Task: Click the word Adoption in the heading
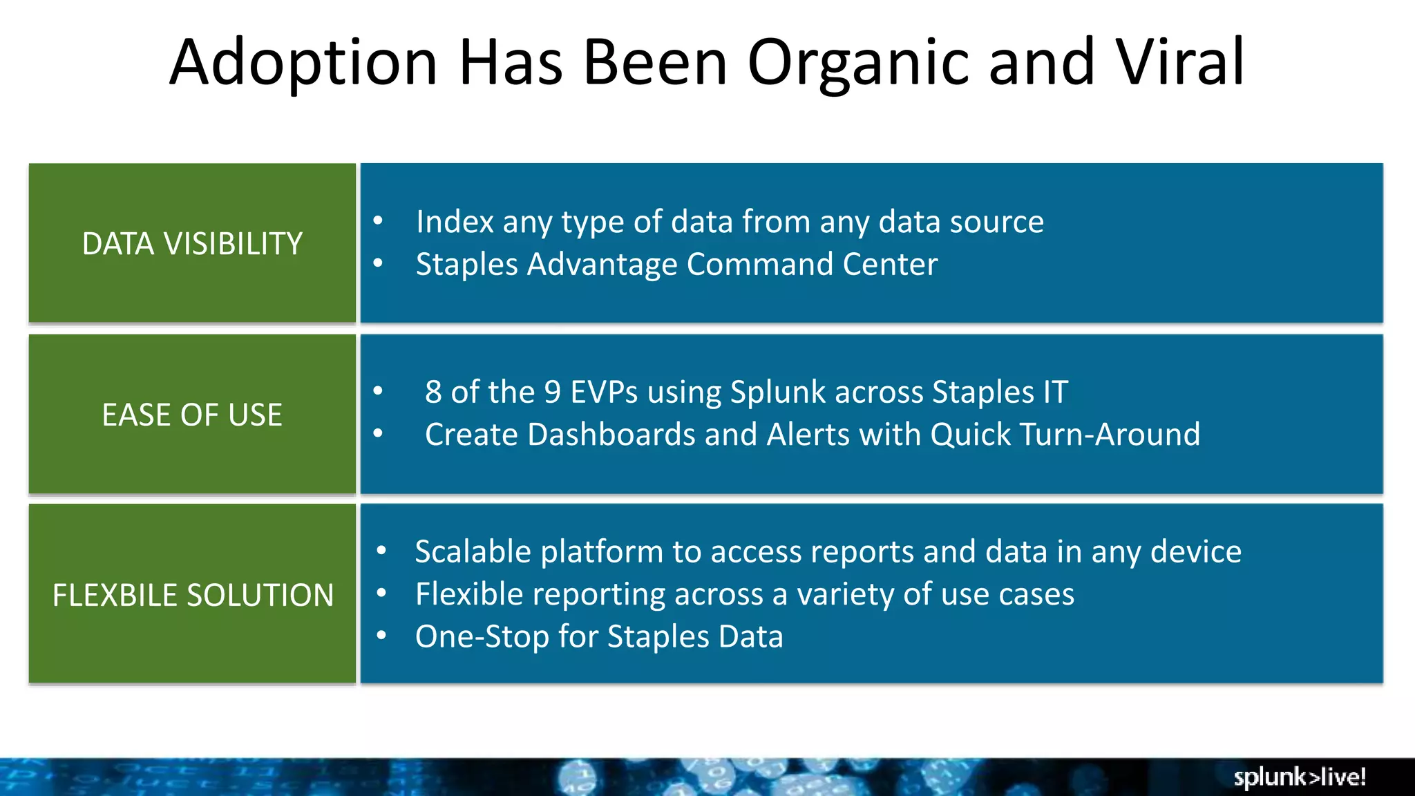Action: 303,62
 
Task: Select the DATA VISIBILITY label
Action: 192,244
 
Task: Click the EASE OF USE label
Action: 192,415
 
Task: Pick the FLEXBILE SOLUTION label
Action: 193,595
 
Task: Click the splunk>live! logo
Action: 1299,777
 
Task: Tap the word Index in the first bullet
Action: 455,222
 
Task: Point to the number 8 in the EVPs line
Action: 433,392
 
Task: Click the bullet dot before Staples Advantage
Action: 378,263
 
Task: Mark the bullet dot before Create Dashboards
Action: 378,434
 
